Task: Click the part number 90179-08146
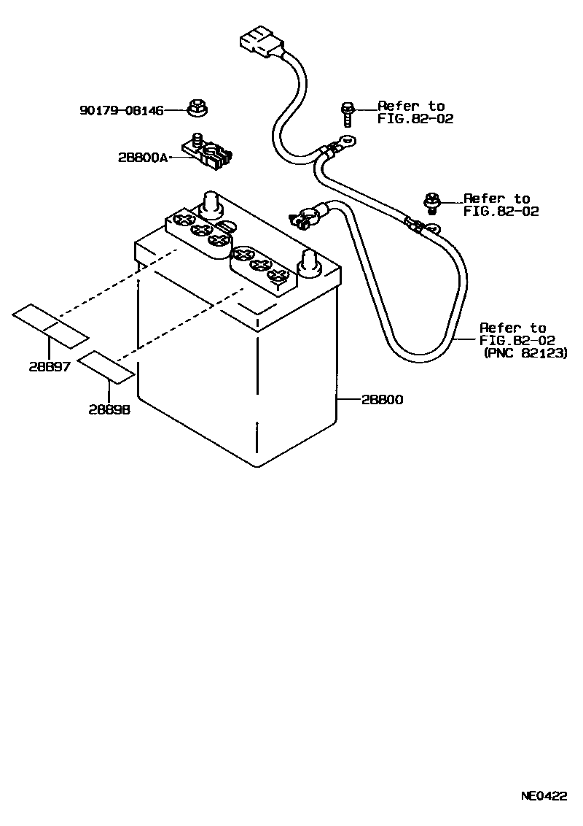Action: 121,110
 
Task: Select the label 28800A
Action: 142,157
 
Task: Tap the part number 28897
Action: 50,367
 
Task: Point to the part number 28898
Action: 109,410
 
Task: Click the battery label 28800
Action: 381,400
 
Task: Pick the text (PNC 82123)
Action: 525,353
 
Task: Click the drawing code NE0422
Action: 543,796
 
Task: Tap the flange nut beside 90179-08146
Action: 195,108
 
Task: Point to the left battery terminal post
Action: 211,204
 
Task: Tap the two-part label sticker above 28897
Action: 50,326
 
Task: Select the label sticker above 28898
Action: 106,366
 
